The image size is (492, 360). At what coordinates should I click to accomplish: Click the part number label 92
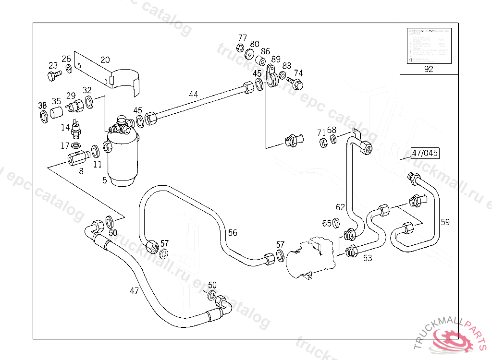click(429, 69)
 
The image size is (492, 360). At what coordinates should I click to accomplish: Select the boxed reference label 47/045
click(425, 154)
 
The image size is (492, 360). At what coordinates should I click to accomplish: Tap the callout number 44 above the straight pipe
click(193, 95)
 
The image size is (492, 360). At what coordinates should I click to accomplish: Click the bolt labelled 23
click(53, 75)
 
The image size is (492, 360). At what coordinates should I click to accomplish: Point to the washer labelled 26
click(69, 70)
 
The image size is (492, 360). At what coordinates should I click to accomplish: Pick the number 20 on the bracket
click(105, 60)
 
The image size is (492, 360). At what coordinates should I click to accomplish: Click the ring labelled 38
click(43, 116)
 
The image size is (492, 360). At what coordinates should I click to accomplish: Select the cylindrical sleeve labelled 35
click(57, 113)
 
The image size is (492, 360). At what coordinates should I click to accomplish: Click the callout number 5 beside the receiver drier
click(104, 180)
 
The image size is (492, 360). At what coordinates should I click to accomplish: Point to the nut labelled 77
click(240, 48)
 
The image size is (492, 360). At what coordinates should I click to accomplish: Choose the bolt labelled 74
click(297, 84)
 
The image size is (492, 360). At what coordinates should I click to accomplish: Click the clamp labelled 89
click(271, 77)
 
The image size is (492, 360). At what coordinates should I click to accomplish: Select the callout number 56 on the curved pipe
click(233, 233)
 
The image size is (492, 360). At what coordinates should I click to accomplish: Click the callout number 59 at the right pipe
click(445, 222)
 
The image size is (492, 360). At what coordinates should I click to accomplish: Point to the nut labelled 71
click(323, 142)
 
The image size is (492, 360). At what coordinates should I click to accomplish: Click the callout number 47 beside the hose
click(134, 290)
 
